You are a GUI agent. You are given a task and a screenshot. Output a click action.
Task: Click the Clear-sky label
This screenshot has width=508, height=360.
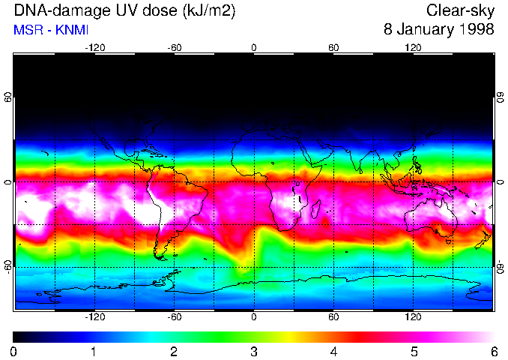point(460,10)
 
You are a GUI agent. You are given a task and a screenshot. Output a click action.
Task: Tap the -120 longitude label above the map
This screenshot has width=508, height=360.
point(94,47)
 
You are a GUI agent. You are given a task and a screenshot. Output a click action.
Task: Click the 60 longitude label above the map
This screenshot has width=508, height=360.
point(333,47)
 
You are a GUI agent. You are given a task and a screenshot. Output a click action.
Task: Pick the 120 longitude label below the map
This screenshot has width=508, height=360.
point(413,317)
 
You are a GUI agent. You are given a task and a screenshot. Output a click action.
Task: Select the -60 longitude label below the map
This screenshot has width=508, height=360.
point(174,317)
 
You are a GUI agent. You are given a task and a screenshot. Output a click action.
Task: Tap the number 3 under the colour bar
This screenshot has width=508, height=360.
point(254,351)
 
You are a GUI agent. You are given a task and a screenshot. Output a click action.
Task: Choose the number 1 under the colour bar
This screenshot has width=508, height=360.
point(94,351)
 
